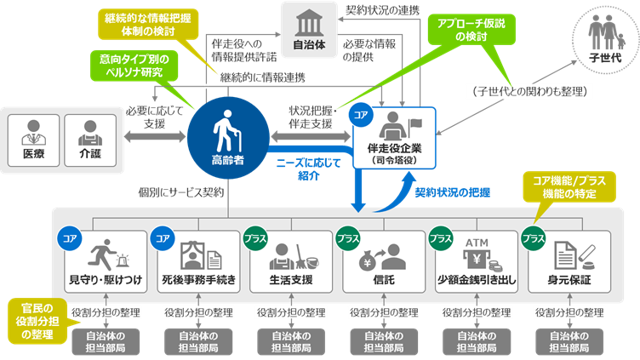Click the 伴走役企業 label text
pyautogui.click(x=393, y=148)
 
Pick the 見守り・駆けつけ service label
pyautogui.click(x=102, y=279)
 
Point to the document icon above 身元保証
pyautogui.click(x=569, y=254)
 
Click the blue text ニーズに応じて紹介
pyautogui.click(x=308, y=169)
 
